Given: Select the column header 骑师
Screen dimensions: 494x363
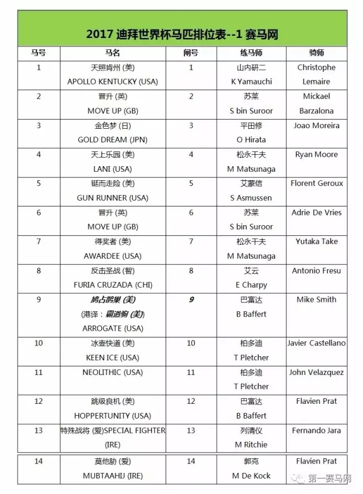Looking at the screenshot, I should [x=316, y=53].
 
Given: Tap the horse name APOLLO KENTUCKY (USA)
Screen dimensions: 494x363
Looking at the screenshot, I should [x=113, y=82].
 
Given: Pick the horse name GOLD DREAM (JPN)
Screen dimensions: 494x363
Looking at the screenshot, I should [x=112, y=140].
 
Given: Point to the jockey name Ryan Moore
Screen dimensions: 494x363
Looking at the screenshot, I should [x=316, y=154].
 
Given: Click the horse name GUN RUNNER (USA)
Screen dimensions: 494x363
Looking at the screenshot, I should [x=112, y=198].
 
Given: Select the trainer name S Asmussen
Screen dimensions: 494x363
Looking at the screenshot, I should [x=251, y=198].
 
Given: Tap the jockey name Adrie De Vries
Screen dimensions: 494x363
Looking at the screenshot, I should [x=316, y=212].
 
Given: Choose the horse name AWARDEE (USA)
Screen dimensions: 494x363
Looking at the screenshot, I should [x=113, y=256].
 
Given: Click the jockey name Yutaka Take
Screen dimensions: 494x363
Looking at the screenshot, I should [x=316, y=241].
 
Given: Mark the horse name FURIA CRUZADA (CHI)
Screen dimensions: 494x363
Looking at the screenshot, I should [x=112, y=285].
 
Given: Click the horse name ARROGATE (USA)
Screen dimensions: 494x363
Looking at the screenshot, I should [x=113, y=328].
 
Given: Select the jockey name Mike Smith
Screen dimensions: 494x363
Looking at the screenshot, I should [x=316, y=299].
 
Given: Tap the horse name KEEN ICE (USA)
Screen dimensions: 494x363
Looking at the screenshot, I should [x=112, y=357].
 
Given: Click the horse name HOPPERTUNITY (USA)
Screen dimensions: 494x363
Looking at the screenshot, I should [x=112, y=416].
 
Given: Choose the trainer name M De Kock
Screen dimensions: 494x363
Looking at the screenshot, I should [x=251, y=476].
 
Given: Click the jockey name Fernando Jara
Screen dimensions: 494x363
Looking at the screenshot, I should [x=316, y=430].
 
